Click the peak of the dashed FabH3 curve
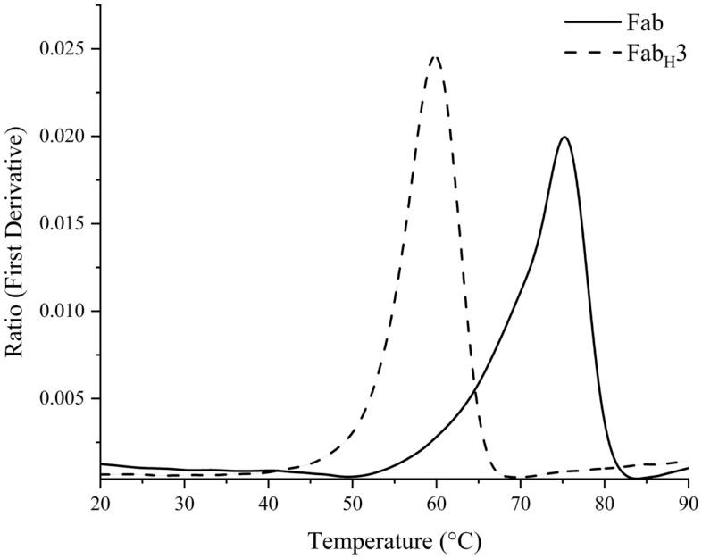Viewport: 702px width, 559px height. (435, 57)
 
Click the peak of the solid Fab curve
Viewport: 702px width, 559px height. (564, 138)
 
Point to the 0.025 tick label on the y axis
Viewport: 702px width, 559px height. (67, 49)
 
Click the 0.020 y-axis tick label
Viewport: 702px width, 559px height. (67, 137)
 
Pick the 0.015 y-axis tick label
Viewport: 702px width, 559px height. (67, 224)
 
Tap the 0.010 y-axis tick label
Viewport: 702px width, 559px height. (67, 312)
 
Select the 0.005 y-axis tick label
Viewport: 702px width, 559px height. (67, 398)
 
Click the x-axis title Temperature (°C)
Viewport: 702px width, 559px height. (394, 540)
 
